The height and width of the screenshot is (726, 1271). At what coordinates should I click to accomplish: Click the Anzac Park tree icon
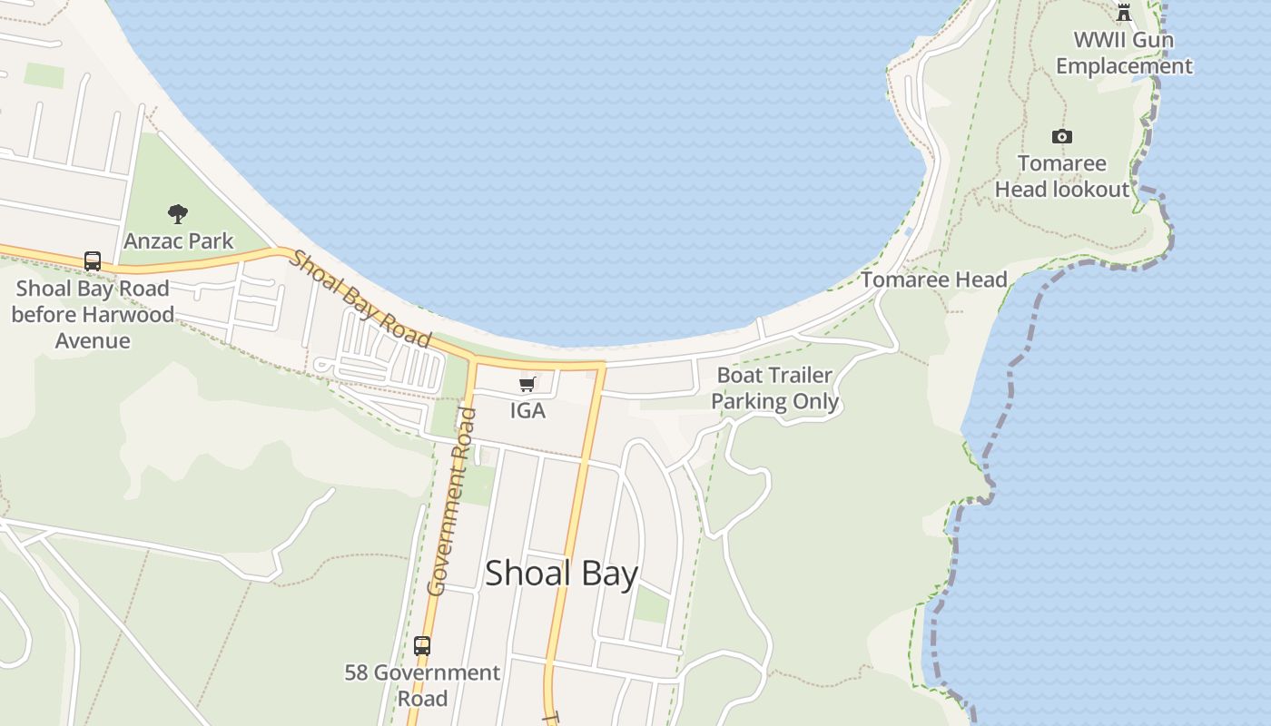178,214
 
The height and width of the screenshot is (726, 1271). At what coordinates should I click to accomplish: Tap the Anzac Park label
179,241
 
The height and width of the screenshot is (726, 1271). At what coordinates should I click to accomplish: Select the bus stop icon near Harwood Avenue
93,261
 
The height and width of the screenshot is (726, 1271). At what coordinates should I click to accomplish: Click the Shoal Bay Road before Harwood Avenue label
92,315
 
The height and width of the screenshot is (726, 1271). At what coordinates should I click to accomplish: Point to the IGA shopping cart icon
527,385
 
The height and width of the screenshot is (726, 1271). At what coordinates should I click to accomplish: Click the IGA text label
527,410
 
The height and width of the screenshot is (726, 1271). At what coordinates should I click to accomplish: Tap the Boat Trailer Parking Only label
774,388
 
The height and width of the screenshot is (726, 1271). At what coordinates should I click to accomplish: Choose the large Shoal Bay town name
561,574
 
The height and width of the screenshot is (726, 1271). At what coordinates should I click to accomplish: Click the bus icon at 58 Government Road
422,646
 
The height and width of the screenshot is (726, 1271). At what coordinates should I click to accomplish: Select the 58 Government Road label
422,685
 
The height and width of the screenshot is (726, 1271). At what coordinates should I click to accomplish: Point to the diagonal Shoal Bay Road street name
360,298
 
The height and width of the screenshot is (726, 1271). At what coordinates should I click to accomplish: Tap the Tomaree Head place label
933,280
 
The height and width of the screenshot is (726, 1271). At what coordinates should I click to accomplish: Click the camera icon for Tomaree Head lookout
1061,137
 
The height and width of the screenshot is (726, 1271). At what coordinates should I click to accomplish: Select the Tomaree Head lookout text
1062,176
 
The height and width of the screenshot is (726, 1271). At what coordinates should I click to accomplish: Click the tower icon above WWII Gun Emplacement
1124,12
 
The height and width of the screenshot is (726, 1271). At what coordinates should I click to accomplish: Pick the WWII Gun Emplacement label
1124,53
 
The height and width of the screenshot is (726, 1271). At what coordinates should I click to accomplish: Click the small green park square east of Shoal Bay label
651,604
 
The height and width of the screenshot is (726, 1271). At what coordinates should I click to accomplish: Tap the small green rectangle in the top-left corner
44,75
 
